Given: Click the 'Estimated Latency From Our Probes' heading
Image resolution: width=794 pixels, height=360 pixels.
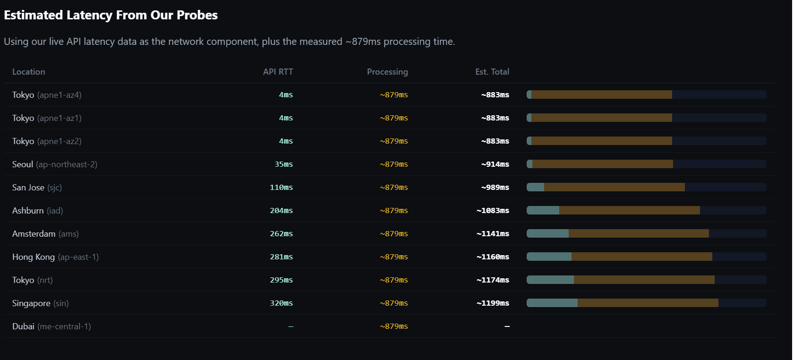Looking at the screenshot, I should pos(111,15).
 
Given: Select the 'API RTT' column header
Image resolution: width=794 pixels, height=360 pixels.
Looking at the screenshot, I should pos(278,72).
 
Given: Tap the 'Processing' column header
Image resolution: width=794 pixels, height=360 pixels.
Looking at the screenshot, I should pos(387,72).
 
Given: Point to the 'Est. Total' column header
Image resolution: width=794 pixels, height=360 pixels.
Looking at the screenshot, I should pos(492,72).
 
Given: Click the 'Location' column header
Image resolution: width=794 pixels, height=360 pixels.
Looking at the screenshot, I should pos(29,72).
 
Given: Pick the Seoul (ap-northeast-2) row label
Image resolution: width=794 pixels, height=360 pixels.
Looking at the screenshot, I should pos(55,164).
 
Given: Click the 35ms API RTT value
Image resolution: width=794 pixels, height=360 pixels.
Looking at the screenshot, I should pos(283,164).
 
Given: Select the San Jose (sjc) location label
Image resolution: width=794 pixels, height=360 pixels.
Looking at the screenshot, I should pos(37,188).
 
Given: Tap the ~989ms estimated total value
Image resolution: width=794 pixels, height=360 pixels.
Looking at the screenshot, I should pos(495,188).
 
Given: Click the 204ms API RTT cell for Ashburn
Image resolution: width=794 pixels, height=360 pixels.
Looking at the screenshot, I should pos(281,211).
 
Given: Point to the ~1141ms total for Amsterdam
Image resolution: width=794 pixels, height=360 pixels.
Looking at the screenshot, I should pos(493,234).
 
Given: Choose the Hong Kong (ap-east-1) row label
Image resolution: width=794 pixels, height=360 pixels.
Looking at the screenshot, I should pos(55,257).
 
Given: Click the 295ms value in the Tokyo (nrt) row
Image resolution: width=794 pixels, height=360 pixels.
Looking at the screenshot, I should pos(281,280).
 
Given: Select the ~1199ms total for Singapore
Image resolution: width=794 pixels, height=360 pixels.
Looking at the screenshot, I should pos(493,303).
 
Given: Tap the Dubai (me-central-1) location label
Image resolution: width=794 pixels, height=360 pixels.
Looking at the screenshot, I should pos(51,326).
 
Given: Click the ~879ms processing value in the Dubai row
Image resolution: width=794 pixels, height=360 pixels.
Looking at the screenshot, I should pos(394,326).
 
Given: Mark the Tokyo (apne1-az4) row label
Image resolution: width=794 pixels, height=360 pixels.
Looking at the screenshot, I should pos(47,95).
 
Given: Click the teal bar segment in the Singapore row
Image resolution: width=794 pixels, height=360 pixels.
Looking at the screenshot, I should pos(552,303).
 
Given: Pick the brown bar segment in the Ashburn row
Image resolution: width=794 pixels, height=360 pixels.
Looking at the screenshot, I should pos(629,210).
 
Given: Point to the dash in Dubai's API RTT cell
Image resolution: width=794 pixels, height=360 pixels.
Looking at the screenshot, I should pos(290,326).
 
